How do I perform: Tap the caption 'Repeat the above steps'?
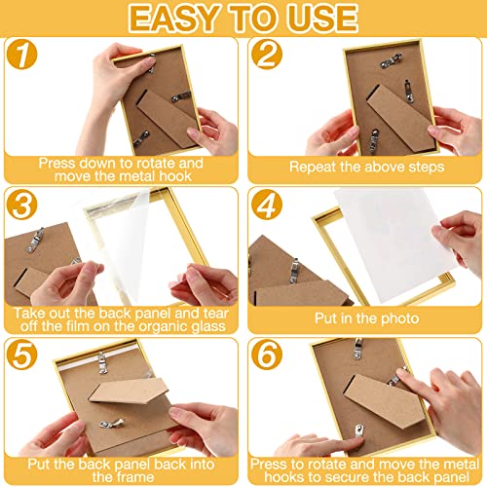pos(363,167)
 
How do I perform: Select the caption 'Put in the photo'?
pos(363,318)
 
